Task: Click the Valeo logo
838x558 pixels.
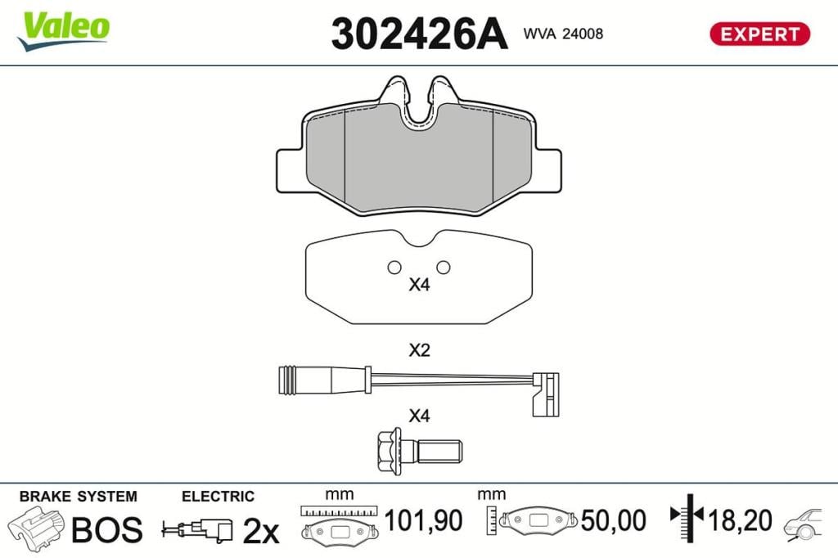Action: click(x=63, y=30)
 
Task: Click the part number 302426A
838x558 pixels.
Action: click(x=419, y=34)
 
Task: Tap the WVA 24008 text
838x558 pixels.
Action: click(x=563, y=34)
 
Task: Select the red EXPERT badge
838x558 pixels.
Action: click(x=759, y=34)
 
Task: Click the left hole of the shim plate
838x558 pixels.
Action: click(x=394, y=268)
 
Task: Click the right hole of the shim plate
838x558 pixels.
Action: click(x=443, y=268)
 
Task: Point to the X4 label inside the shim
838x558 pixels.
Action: click(x=419, y=285)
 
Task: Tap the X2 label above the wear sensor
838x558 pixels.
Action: click(x=419, y=351)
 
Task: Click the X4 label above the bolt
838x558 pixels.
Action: click(x=419, y=416)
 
